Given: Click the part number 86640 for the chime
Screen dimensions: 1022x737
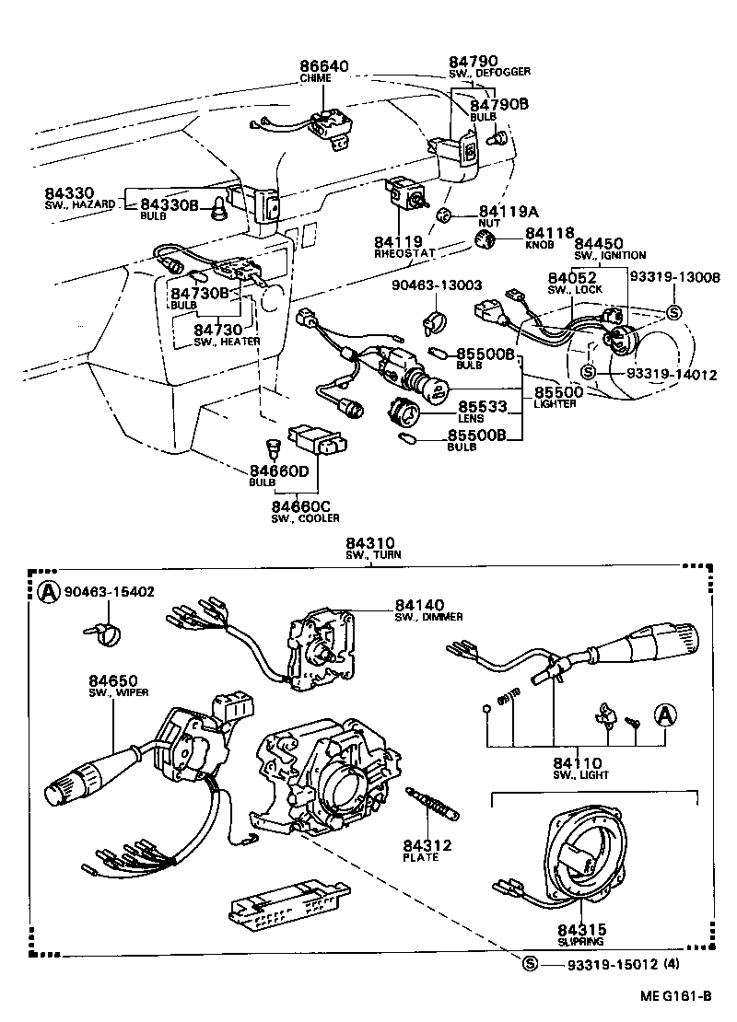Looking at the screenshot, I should point(323,66).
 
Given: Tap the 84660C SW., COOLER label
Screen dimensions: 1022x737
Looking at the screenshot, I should point(300,511).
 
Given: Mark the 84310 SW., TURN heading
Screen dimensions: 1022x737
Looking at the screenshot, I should point(369,549).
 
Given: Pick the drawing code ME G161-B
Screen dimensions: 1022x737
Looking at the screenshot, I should point(678,997).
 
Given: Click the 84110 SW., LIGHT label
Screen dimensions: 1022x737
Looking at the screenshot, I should point(578,768).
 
